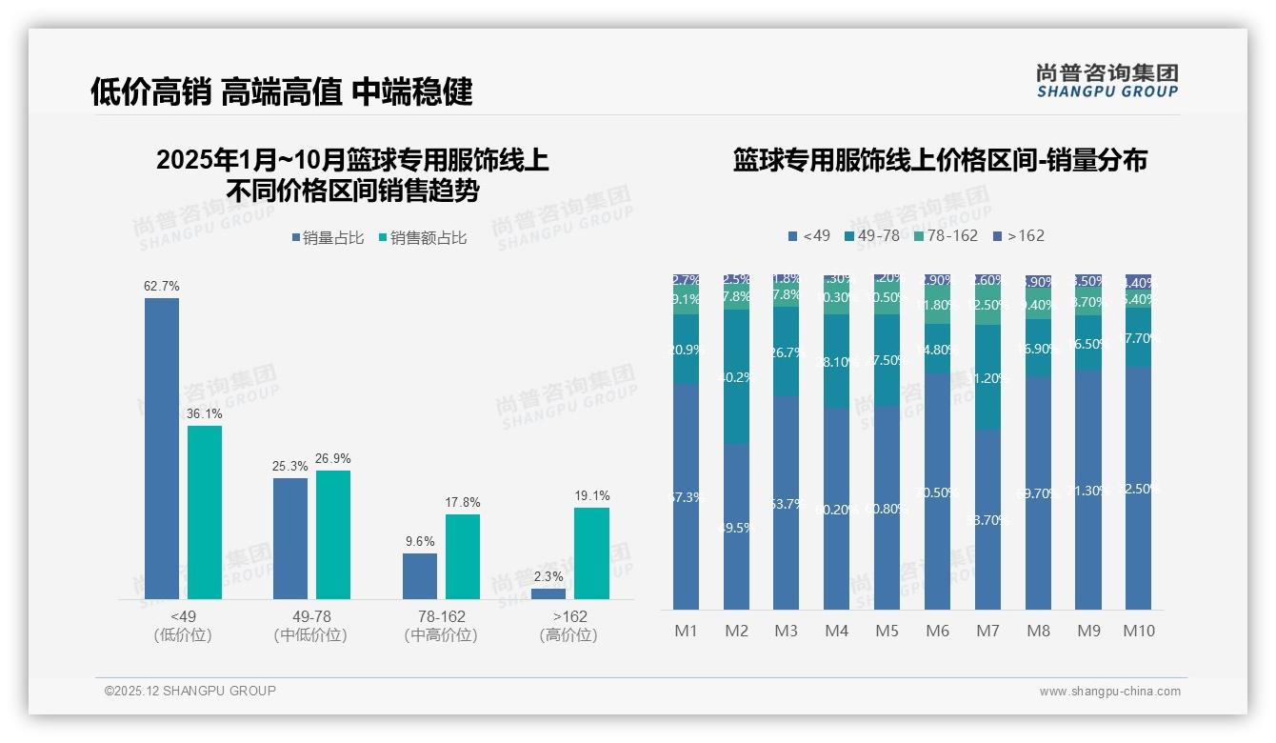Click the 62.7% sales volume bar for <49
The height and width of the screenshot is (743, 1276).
coord(162,448)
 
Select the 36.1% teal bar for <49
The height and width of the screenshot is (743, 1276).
coord(205,512)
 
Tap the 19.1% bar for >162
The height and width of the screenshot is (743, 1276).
coord(591,552)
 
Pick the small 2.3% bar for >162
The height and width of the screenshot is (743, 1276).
coord(548,593)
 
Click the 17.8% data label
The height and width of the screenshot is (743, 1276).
coord(463,502)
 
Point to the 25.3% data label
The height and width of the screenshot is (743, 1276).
coord(289,466)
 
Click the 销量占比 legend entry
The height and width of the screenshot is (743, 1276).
coord(329,238)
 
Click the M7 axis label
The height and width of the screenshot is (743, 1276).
coord(987,631)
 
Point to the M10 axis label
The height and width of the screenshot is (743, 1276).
coord(1138,631)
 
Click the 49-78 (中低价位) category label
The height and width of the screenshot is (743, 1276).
coord(310,626)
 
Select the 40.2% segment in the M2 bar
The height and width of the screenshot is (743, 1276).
coord(736,376)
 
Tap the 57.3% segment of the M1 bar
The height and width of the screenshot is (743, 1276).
coord(686,496)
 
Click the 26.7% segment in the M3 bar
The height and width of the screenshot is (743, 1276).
coord(786,351)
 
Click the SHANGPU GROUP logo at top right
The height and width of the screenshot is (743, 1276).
coord(1107,80)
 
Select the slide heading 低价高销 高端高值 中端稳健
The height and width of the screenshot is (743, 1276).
coord(282,91)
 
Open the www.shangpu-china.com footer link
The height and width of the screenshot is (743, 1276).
coord(1109,692)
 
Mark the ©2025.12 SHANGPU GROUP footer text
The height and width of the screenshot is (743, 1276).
coord(190,691)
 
